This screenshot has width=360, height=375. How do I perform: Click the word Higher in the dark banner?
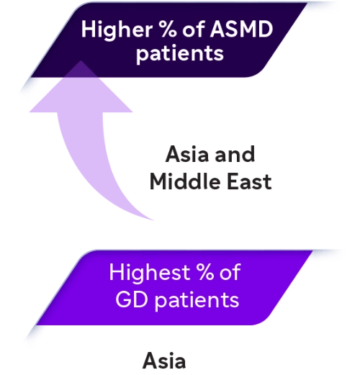point(117,30)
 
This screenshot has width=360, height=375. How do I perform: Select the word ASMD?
point(241,30)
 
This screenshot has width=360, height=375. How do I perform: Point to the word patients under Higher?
point(180,54)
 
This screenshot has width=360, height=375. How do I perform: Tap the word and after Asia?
point(235,154)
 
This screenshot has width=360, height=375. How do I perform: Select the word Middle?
point(185,181)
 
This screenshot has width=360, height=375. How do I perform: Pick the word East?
point(249,181)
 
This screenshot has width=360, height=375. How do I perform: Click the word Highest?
point(150,272)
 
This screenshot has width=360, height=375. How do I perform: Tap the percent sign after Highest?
point(204,272)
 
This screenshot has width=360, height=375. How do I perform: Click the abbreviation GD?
point(131,299)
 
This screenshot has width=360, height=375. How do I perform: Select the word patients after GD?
point(197,300)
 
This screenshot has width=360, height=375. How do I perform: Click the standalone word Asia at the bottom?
point(164,361)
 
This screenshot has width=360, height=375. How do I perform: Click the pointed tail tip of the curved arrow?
point(153,220)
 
